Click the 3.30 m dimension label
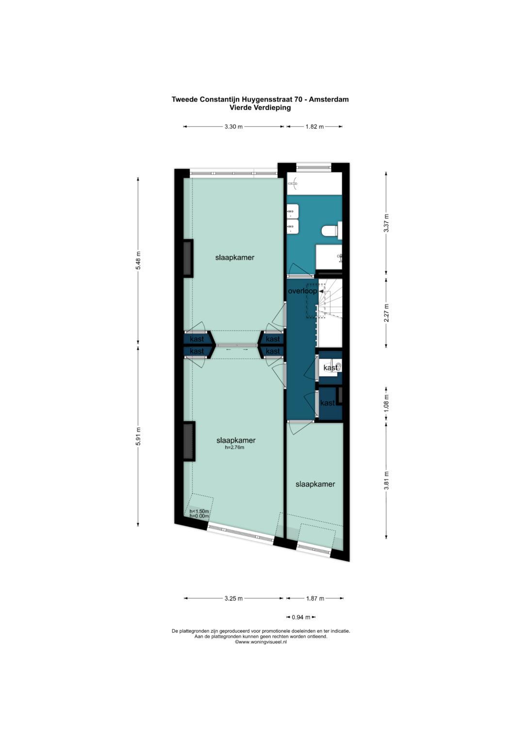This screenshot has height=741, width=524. point(233,127)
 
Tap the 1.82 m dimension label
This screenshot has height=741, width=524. point(314,127)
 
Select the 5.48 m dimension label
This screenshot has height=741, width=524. point(139,261)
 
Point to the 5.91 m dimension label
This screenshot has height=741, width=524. point(139,436)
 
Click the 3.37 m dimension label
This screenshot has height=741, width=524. point(386,223)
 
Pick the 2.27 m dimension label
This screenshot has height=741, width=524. point(386,313)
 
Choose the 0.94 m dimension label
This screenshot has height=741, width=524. point(301,617)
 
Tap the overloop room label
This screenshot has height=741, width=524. point(302,291)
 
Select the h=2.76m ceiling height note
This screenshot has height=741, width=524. point(234,448)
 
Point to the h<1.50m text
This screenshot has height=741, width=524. point(199,511)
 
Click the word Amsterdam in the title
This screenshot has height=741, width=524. point(328,99)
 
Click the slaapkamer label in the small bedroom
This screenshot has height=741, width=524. point(315,484)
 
